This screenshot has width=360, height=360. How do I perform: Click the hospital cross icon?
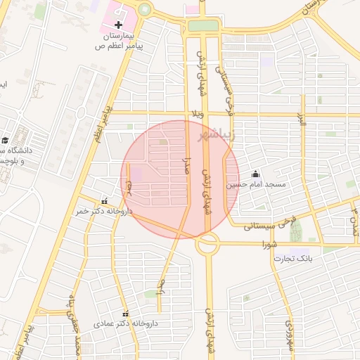coord(118,25)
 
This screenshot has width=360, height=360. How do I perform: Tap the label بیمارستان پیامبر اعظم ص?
coord(119,40)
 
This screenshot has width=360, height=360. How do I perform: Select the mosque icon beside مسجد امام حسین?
coord(255,174)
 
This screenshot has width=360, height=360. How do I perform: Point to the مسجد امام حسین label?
coord(255,184)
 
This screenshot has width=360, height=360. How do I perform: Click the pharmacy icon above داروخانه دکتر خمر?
coord(105,201)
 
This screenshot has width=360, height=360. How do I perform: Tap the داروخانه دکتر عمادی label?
coord(131,323)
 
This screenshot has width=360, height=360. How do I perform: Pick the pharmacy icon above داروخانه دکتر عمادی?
coord(126,314)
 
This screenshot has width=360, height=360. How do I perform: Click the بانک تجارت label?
coord(292,259)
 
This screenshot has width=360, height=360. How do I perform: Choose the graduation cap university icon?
coord(4,140)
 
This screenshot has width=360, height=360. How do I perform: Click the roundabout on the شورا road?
coord(207,244)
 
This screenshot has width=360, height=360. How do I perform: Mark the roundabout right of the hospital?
coord(145,9)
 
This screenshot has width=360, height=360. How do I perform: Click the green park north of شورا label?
coord(295,229)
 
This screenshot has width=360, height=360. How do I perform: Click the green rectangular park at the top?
coord(203,25)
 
